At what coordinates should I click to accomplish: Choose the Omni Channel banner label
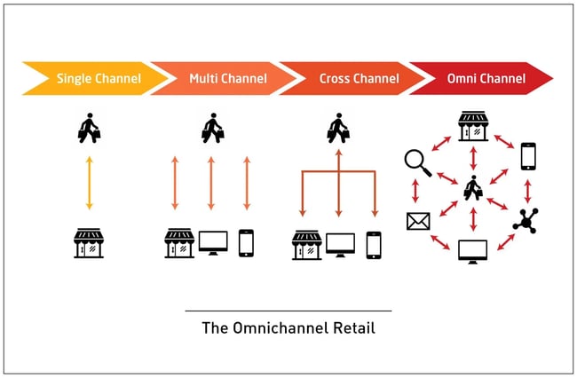(486, 78)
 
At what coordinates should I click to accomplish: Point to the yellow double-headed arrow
(89, 183)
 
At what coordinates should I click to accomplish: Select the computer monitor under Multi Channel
(213, 243)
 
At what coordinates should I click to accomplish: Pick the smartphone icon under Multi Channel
(246, 243)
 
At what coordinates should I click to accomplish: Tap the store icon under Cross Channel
(307, 244)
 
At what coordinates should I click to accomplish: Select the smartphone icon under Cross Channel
(374, 244)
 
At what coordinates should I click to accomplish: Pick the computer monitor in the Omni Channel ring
(472, 251)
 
